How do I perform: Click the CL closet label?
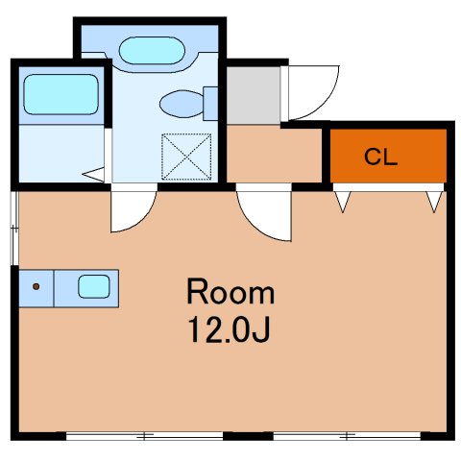(x=380, y=157)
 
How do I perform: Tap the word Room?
(x=230, y=292)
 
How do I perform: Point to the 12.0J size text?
(x=230, y=329)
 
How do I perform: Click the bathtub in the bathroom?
(x=61, y=94)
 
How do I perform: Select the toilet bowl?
(x=182, y=104)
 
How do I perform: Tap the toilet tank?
(x=210, y=104)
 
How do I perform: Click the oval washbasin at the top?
(x=152, y=51)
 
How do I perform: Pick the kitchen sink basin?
(x=94, y=286)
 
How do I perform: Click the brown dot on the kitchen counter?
(x=36, y=286)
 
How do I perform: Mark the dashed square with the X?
(x=186, y=157)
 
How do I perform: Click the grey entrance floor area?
(x=254, y=95)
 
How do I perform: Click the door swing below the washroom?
(x=141, y=218)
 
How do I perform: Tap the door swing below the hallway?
(x=256, y=224)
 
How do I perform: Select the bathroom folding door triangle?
(x=94, y=175)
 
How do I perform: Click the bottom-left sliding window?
(x=144, y=436)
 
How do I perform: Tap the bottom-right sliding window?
(x=347, y=436)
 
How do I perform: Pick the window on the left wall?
(x=14, y=229)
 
